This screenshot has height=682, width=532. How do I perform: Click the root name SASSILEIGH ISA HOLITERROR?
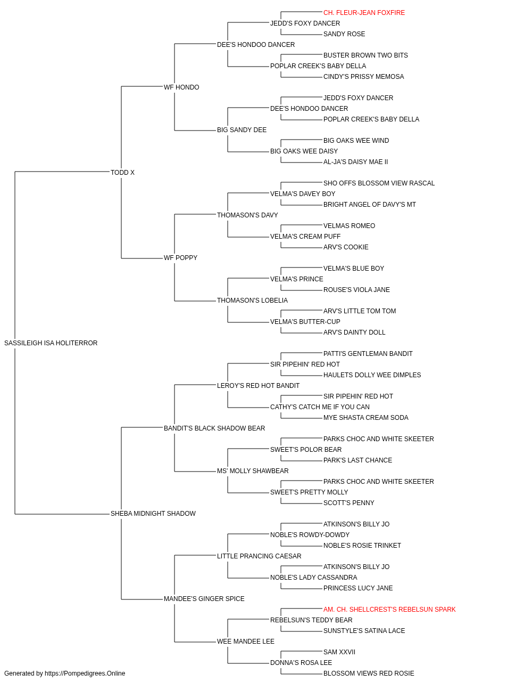click(x=51, y=343)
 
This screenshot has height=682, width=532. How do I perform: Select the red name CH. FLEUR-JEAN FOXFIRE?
click(x=364, y=13)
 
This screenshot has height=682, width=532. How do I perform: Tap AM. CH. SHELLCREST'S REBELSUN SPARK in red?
click(x=389, y=610)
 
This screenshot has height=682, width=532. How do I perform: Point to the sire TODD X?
click(x=122, y=172)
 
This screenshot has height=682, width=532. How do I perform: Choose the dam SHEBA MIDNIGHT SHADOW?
click(x=153, y=514)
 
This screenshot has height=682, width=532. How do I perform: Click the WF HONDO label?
click(x=181, y=87)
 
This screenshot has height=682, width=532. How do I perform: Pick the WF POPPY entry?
click(x=180, y=258)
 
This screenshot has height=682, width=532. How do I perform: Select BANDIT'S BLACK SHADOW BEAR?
click(x=214, y=428)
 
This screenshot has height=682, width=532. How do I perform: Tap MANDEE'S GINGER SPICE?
click(x=204, y=599)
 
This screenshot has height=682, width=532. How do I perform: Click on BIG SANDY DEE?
click(x=242, y=130)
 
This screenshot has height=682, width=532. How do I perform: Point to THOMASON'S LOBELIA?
click(x=252, y=301)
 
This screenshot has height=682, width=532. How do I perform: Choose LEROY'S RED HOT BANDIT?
click(x=258, y=386)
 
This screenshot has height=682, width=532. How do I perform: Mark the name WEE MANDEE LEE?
click(x=246, y=642)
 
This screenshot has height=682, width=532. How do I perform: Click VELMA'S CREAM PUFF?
click(x=305, y=237)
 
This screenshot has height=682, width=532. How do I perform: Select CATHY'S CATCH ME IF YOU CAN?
click(x=320, y=407)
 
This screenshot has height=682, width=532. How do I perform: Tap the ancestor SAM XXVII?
click(x=339, y=652)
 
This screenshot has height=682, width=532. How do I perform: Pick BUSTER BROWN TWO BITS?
click(x=365, y=55)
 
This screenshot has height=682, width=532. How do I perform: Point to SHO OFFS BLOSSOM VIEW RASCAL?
click(x=379, y=183)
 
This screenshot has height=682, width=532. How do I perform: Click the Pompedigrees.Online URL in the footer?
click(x=85, y=673)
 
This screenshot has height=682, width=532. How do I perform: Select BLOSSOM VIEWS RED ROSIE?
click(x=369, y=673)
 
